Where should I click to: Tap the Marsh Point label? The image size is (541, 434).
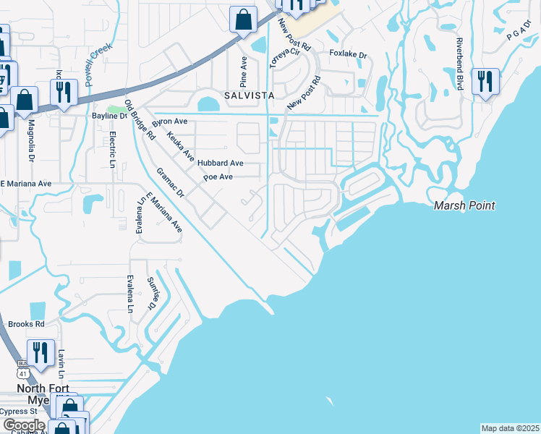464,206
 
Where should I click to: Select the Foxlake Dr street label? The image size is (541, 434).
349,54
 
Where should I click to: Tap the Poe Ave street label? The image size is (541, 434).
218,177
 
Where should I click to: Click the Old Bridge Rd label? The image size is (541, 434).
140,120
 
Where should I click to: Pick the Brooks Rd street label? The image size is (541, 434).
26,325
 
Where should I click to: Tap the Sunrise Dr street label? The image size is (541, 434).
153,293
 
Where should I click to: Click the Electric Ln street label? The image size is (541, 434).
112,147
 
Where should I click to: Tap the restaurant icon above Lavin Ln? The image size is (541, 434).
41,352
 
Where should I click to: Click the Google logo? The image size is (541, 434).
24,425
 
